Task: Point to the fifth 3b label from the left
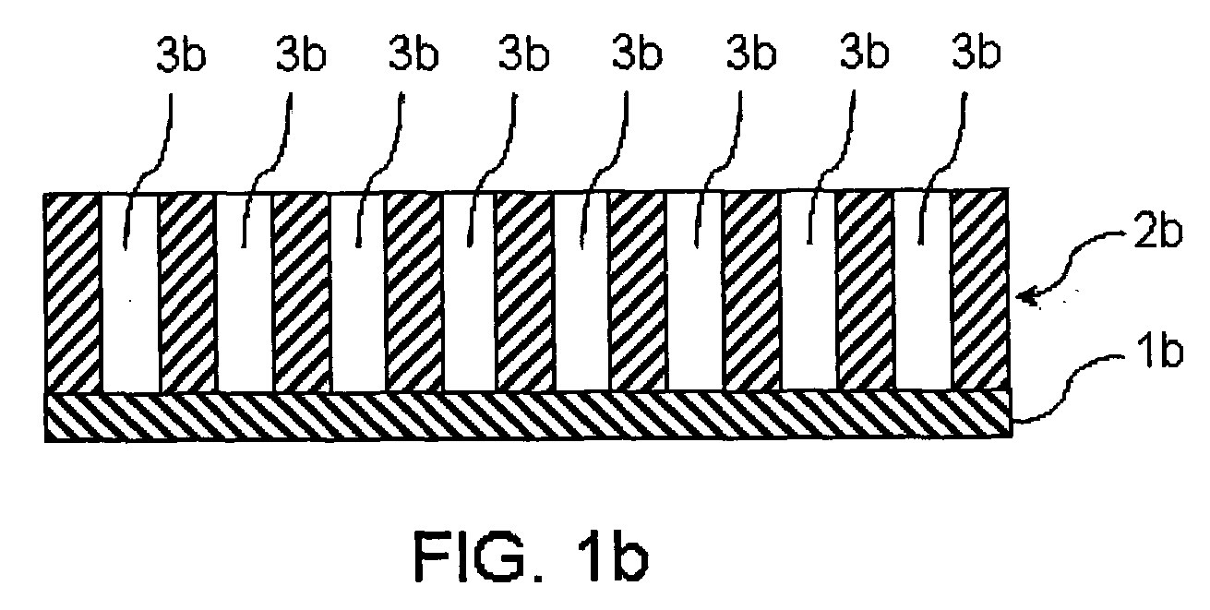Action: click(638, 55)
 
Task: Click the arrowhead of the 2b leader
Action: click(1027, 293)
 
